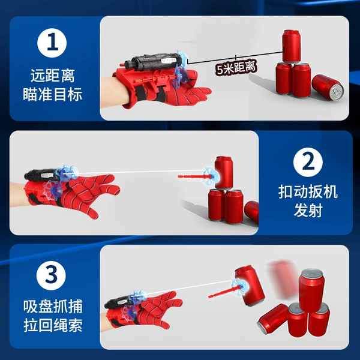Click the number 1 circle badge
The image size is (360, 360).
click(52, 43)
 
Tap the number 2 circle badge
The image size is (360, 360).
click(308, 163)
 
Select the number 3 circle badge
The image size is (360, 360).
click(51, 275)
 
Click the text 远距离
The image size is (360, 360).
click(53, 76)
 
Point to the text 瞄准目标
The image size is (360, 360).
click(53, 94)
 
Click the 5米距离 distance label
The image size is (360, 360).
click(236, 67)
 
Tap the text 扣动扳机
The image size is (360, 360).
click(308, 192)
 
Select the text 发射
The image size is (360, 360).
click(308, 211)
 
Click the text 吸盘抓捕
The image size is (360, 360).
click(53, 306)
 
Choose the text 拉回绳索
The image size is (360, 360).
click(53, 325)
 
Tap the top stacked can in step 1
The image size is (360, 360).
click(291, 46)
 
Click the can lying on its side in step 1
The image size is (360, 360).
click(328, 88)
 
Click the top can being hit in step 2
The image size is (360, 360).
click(224, 172)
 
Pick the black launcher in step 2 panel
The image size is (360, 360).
click(41, 175)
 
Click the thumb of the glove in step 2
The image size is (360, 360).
click(91, 209)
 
